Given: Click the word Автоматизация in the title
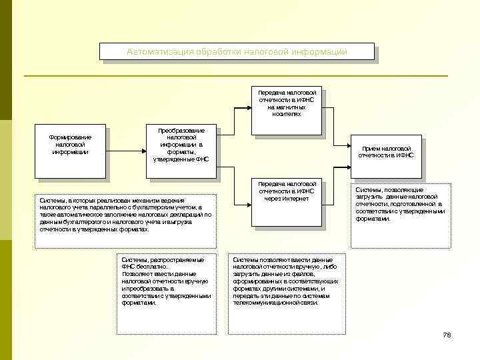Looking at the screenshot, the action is pyautogui.click(x=157, y=52).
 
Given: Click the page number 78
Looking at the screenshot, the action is pyautogui.click(x=447, y=335).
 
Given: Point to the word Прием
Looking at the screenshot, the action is pyautogui.click(x=372, y=148).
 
